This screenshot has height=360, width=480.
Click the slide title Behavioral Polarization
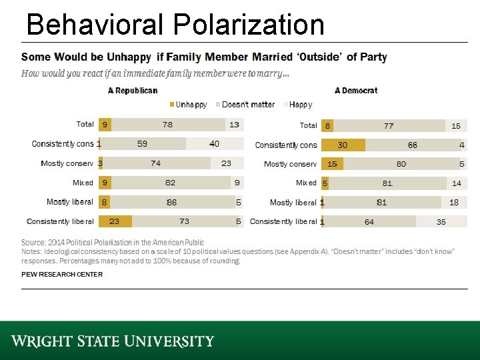click(x=175, y=25)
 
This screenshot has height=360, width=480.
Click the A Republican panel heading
click(x=133, y=91)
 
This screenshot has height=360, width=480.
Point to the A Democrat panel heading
click(x=356, y=91)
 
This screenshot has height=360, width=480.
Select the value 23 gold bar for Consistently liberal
click(x=115, y=221)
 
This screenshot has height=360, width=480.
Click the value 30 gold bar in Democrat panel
click(x=343, y=145)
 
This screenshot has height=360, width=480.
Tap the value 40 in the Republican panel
click(x=214, y=144)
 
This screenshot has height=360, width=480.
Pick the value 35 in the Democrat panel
click(x=441, y=222)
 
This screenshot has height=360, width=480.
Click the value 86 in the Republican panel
click(x=171, y=202)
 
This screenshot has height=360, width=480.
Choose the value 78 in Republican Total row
click(x=167, y=125)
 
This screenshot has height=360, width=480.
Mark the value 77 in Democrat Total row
click(x=388, y=125)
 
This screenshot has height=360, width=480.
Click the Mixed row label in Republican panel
click(x=83, y=183)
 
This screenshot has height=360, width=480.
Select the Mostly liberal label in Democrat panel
click(x=293, y=203)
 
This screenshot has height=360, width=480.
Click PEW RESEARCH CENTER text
click(x=62, y=275)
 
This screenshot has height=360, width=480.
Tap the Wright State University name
click(x=112, y=341)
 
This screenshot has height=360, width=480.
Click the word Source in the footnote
click(x=33, y=242)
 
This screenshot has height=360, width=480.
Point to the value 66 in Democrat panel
click(x=412, y=145)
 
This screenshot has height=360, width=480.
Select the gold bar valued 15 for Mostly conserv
click(x=332, y=164)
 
